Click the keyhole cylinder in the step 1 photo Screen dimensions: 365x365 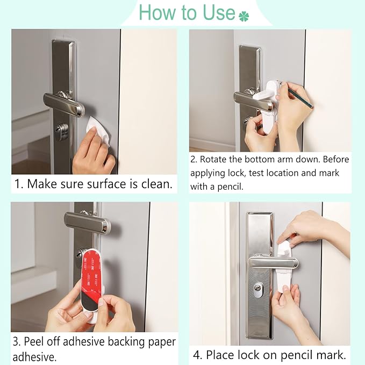(x=62, y=131)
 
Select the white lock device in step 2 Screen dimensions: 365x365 (x=269, y=108)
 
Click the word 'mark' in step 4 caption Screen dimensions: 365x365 (x=327, y=355)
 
